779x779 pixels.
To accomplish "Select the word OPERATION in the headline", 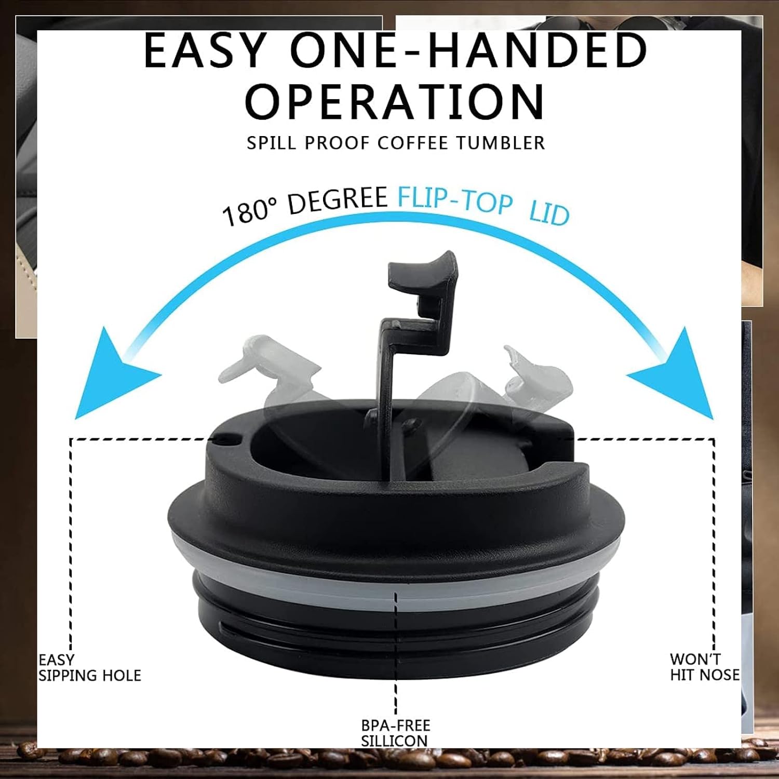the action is (x=395, y=101).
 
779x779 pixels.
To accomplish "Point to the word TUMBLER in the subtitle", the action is (x=501, y=143).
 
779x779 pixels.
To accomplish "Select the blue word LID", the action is (x=549, y=213).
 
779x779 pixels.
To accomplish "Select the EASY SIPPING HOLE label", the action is (x=89, y=667).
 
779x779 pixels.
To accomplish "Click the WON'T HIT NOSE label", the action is (x=705, y=667).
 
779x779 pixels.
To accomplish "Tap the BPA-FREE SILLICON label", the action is (x=396, y=733).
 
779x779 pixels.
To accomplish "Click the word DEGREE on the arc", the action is (x=338, y=200).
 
